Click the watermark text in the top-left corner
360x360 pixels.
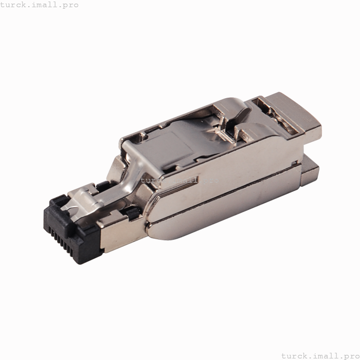click(x=40, y=5)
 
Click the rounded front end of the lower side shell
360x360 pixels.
click(x=154, y=229)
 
